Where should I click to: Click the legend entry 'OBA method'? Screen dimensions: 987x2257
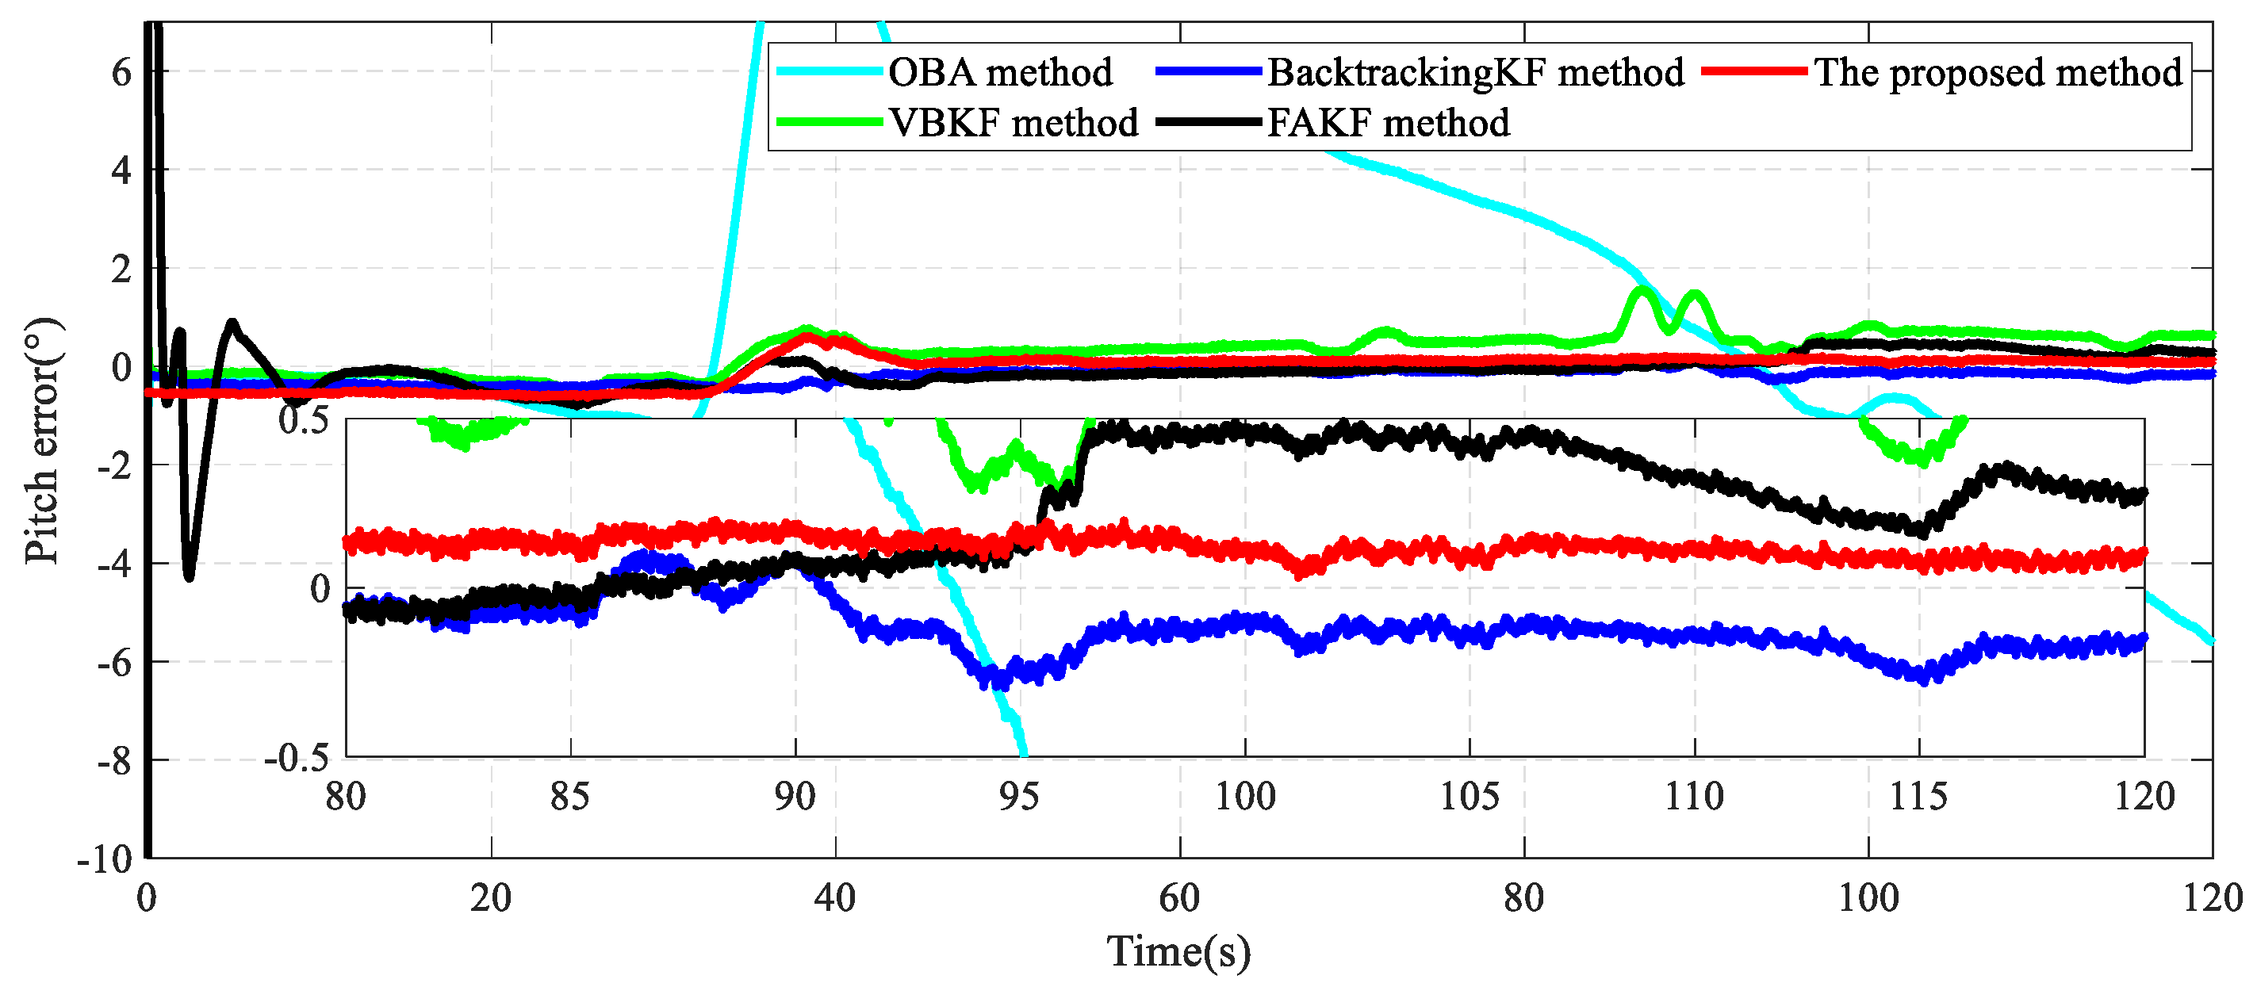click(1000, 72)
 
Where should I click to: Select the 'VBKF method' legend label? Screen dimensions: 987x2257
click(1013, 122)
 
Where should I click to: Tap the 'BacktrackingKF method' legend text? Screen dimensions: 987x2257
click(1476, 72)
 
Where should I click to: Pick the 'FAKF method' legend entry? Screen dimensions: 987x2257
click(1389, 122)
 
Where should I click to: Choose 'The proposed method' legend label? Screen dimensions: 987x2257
click(1998, 72)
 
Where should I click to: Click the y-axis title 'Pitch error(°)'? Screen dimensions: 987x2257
click(42, 441)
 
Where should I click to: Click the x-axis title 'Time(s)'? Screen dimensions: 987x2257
click(1178, 951)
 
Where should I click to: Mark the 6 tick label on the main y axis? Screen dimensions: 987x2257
click(121, 72)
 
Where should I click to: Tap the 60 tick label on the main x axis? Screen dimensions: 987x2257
click(1179, 897)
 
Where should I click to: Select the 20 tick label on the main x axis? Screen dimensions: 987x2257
click(491, 897)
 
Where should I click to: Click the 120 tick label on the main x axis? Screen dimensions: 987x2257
click(2212, 897)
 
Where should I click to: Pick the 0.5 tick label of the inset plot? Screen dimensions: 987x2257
click(303, 419)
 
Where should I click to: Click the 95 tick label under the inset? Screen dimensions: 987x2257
click(1019, 796)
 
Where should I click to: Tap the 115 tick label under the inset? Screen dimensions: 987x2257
click(1919, 796)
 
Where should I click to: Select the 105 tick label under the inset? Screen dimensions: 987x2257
click(1470, 796)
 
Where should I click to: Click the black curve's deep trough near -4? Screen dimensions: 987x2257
click(190, 575)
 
